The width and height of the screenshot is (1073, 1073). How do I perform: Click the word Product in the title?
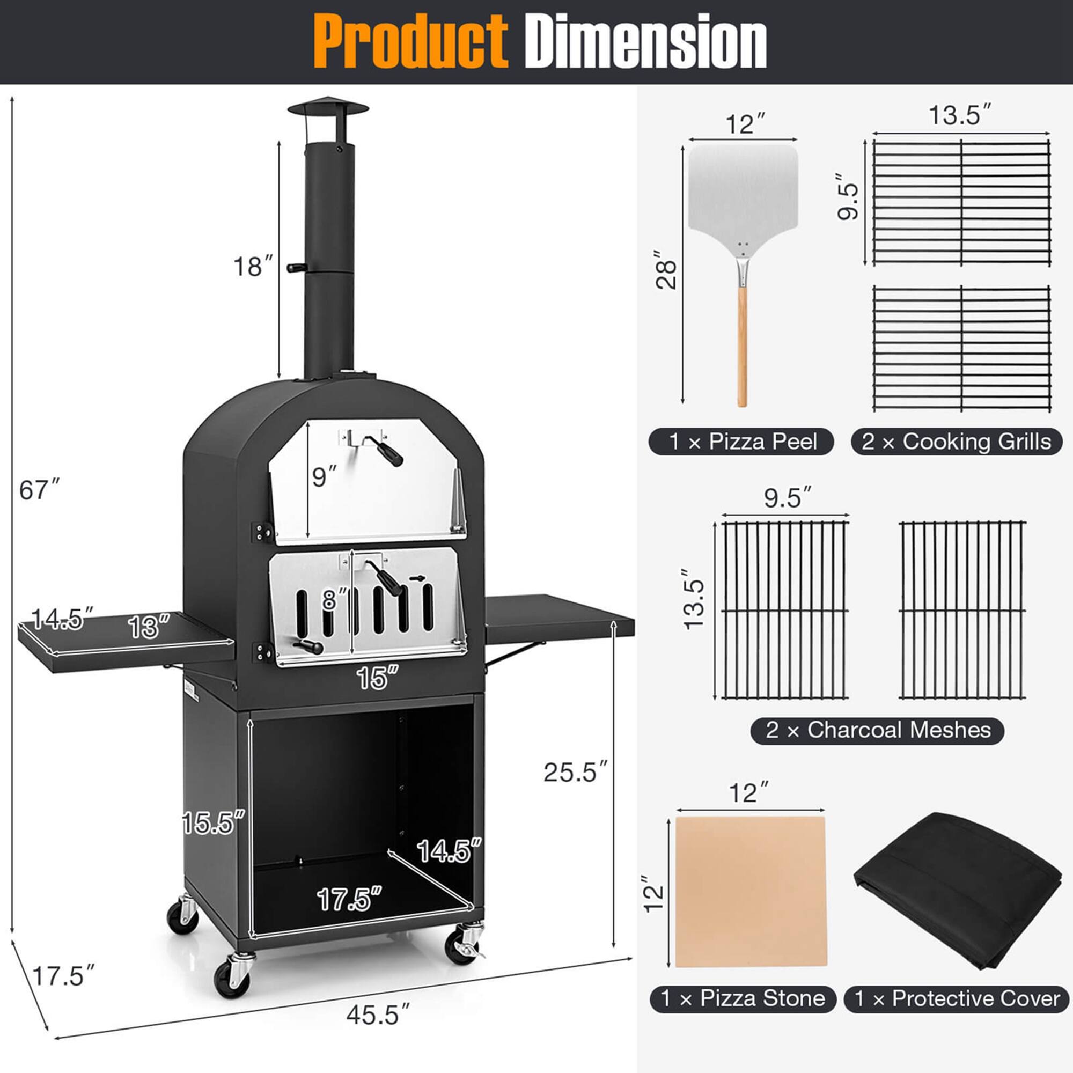[x=410, y=42]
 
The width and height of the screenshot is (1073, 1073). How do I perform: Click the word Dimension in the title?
[x=645, y=42]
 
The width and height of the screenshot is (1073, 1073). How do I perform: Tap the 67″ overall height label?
[x=39, y=490]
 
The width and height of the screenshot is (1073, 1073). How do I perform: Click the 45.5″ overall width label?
[x=378, y=1015]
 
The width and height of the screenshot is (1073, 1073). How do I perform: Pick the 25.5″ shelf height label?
[x=575, y=772]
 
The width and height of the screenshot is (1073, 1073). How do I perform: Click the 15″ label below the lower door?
[x=377, y=678]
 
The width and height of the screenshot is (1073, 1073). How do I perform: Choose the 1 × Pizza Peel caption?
[x=741, y=442]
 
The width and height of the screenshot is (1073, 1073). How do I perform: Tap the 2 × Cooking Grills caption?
[x=956, y=442]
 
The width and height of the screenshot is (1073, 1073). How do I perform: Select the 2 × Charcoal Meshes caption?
[x=877, y=730]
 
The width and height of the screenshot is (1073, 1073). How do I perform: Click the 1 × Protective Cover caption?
[x=957, y=998]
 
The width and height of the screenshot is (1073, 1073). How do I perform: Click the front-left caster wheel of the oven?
[x=232, y=978]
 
